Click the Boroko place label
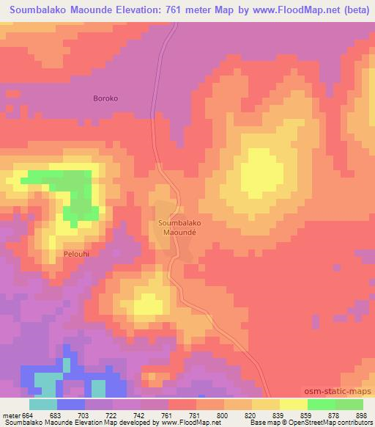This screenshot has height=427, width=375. tap(105, 98)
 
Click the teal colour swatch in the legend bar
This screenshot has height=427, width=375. tap(43, 404)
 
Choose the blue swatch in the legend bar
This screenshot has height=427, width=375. tap(71, 404)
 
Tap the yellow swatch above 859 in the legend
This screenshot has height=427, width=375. tap(294, 404)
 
